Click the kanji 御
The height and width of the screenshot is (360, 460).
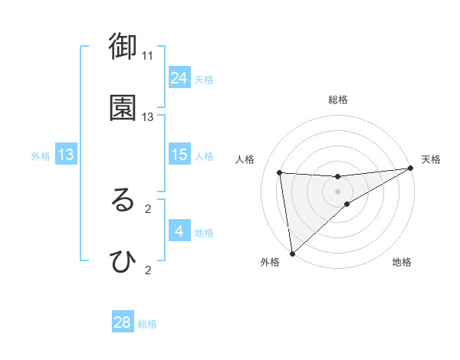[123, 47]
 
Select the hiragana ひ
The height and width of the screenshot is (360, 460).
[123, 262]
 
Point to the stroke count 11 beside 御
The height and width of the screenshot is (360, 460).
[148, 55]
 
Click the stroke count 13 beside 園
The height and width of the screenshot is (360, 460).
[148, 117]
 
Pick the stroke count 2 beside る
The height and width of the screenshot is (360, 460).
[148, 208]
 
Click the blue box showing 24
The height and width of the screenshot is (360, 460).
[179, 77]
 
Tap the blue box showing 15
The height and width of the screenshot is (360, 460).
[179, 155]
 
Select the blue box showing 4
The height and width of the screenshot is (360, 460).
[179, 231]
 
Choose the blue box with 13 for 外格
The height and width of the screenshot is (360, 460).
[66, 155]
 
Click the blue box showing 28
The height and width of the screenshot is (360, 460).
[123, 322]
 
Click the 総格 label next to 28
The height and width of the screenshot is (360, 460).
[148, 324]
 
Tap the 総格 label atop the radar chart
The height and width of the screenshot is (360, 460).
[338, 100]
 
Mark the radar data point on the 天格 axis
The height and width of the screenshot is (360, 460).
[411, 169]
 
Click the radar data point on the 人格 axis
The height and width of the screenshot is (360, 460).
[280, 172]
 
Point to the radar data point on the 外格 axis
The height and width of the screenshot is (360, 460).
[291, 253]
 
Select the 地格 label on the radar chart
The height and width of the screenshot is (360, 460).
[402, 262]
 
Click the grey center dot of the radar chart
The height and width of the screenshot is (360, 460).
[338, 191]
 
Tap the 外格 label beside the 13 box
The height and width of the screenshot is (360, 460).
[41, 156]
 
